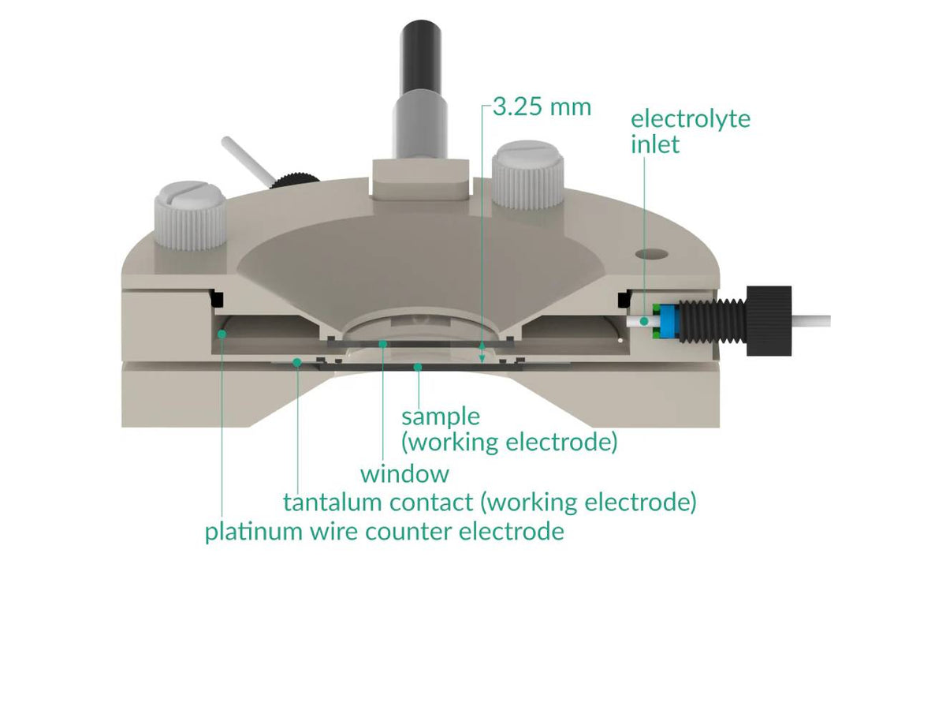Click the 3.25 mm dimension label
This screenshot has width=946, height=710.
[x=541, y=106]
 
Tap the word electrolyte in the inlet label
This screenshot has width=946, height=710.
[x=691, y=119]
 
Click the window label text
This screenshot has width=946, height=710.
[x=404, y=474]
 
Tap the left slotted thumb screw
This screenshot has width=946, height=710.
[x=192, y=215]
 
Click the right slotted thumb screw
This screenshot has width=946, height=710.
[x=529, y=175]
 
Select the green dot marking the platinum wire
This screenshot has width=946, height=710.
[x=223, y=334]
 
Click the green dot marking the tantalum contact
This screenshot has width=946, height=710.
[x=297, y=362]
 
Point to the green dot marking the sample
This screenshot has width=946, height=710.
[x=418, y=367]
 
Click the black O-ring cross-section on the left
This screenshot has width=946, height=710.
[x=214, y=298]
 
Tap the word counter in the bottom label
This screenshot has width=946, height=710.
[x=408, y=531]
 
